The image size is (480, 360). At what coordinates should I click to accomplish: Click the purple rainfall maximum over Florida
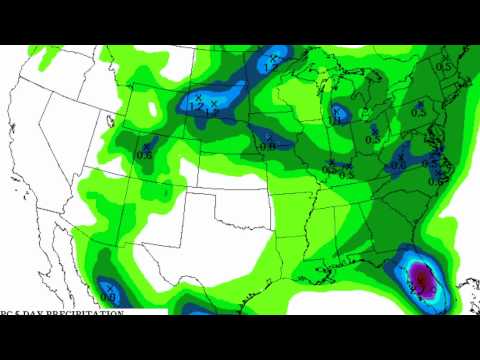point(422,278)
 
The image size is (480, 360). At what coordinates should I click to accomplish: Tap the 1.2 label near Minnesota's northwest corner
point(197,104)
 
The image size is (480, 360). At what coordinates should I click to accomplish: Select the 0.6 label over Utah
point(144,153)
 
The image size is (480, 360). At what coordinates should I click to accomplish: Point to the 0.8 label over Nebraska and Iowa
point(266,145)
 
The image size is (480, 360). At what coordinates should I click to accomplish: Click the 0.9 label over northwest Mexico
point(108,296)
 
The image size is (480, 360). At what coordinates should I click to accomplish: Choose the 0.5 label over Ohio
point(372,139)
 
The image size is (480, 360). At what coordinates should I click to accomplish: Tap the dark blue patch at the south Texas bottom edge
point(199,311)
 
